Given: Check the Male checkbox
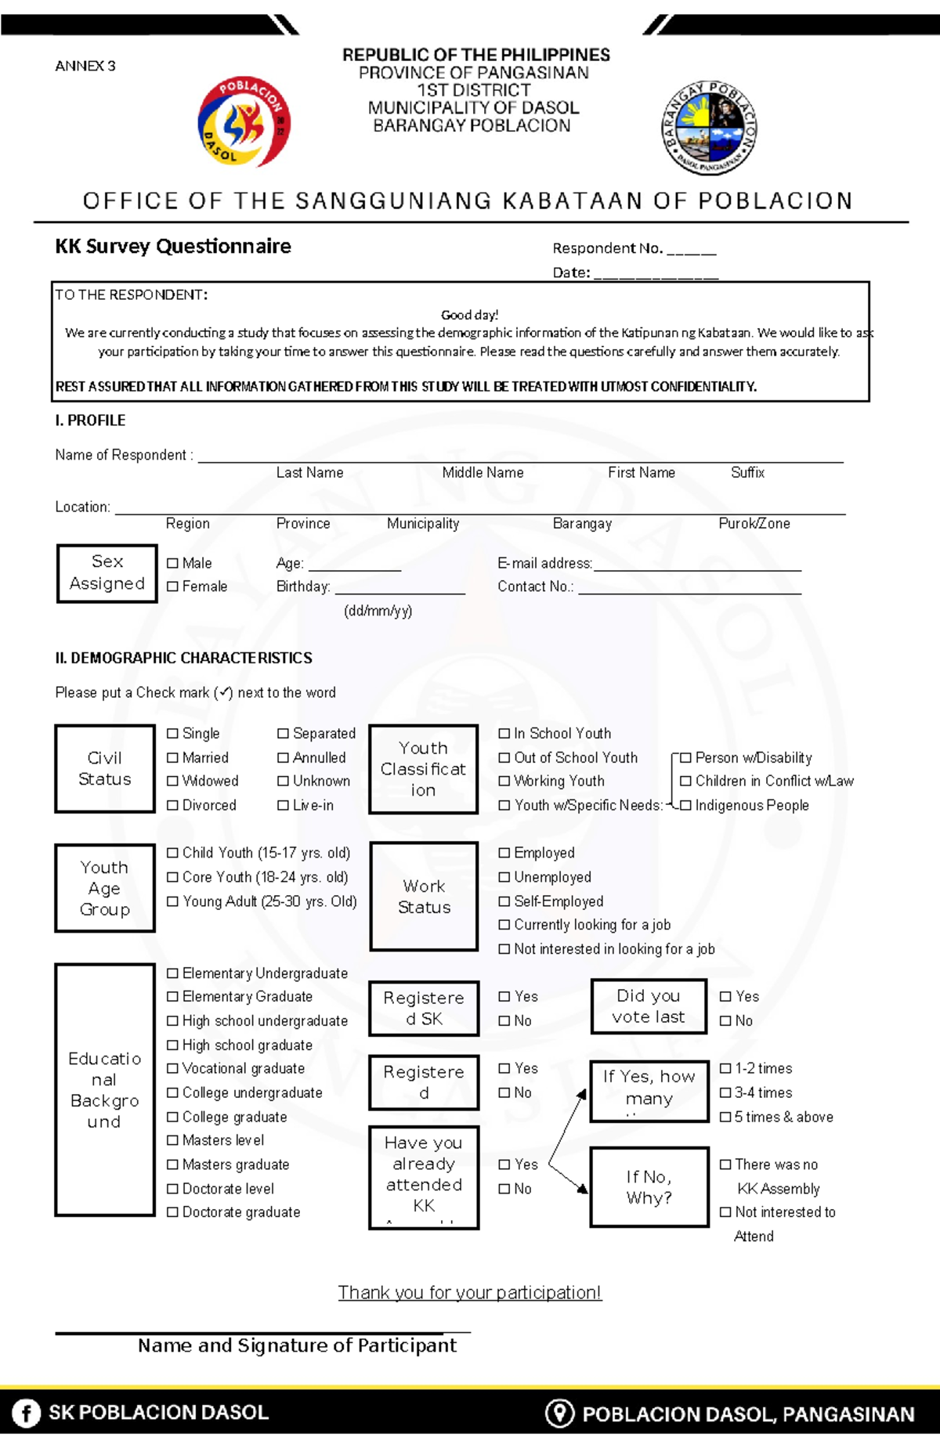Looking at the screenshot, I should [172, 563].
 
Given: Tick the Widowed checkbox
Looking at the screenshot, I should [172, 781].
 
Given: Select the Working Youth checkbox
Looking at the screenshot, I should [504, 781].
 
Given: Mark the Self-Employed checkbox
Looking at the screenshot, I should [504, 901].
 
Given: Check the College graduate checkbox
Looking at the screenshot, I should [172, 1117].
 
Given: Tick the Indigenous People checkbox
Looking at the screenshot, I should [685, 805].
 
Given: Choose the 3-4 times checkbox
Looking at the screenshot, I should [725, 1092].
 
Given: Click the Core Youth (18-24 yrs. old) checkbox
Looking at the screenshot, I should [172, 877].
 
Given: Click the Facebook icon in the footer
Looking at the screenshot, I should [26, 1413].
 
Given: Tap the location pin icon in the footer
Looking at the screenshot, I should [559, 1413].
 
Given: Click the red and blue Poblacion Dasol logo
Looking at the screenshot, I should [244, 122].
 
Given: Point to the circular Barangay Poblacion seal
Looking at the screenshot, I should [710, 128].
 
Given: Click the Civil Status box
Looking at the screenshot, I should [105, 768].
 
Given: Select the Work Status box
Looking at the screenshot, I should [424, 896].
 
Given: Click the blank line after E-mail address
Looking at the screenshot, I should [697, 567].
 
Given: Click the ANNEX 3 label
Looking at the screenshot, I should [85, 66].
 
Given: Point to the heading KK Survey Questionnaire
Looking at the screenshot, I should [173, 247].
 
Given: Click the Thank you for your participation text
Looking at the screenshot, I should [469, 1292].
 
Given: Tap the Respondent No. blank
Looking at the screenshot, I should [691, 251].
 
